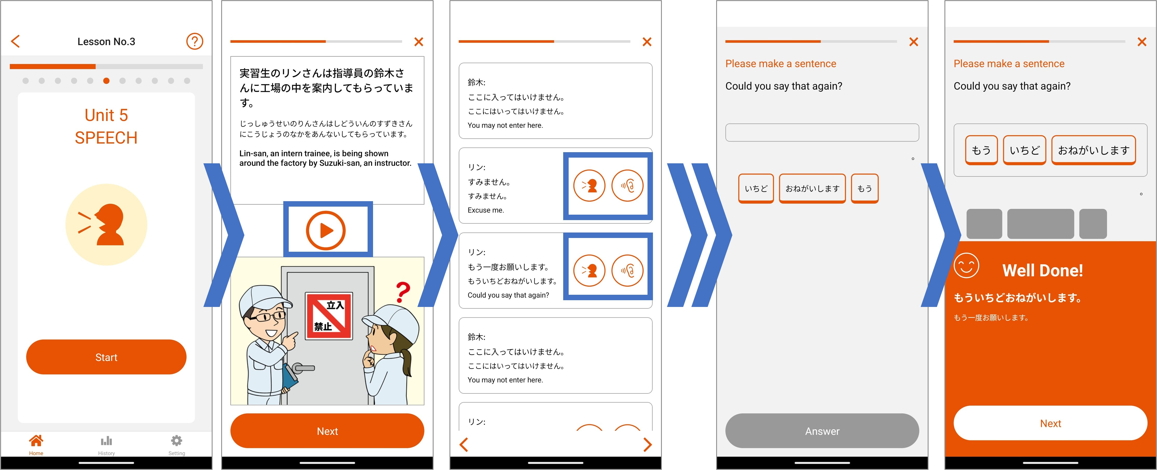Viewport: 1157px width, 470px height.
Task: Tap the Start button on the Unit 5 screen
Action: pos(106,357)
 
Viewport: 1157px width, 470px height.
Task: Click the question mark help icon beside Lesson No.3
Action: pos(195,41)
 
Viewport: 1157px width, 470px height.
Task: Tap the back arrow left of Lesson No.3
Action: pos(15,41)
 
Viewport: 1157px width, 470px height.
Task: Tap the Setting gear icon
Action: pos(176,440)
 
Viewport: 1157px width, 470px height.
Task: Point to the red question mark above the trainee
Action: pos(403,292)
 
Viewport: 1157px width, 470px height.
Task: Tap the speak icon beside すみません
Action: pos(589,185)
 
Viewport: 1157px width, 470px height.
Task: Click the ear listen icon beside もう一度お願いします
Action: pos(628,270)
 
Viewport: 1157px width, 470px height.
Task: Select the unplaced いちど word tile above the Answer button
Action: pos(756,188)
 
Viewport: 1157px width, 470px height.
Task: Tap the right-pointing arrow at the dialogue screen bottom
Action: pos(647,444)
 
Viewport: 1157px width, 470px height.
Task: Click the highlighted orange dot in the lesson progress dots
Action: pos(106,81)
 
